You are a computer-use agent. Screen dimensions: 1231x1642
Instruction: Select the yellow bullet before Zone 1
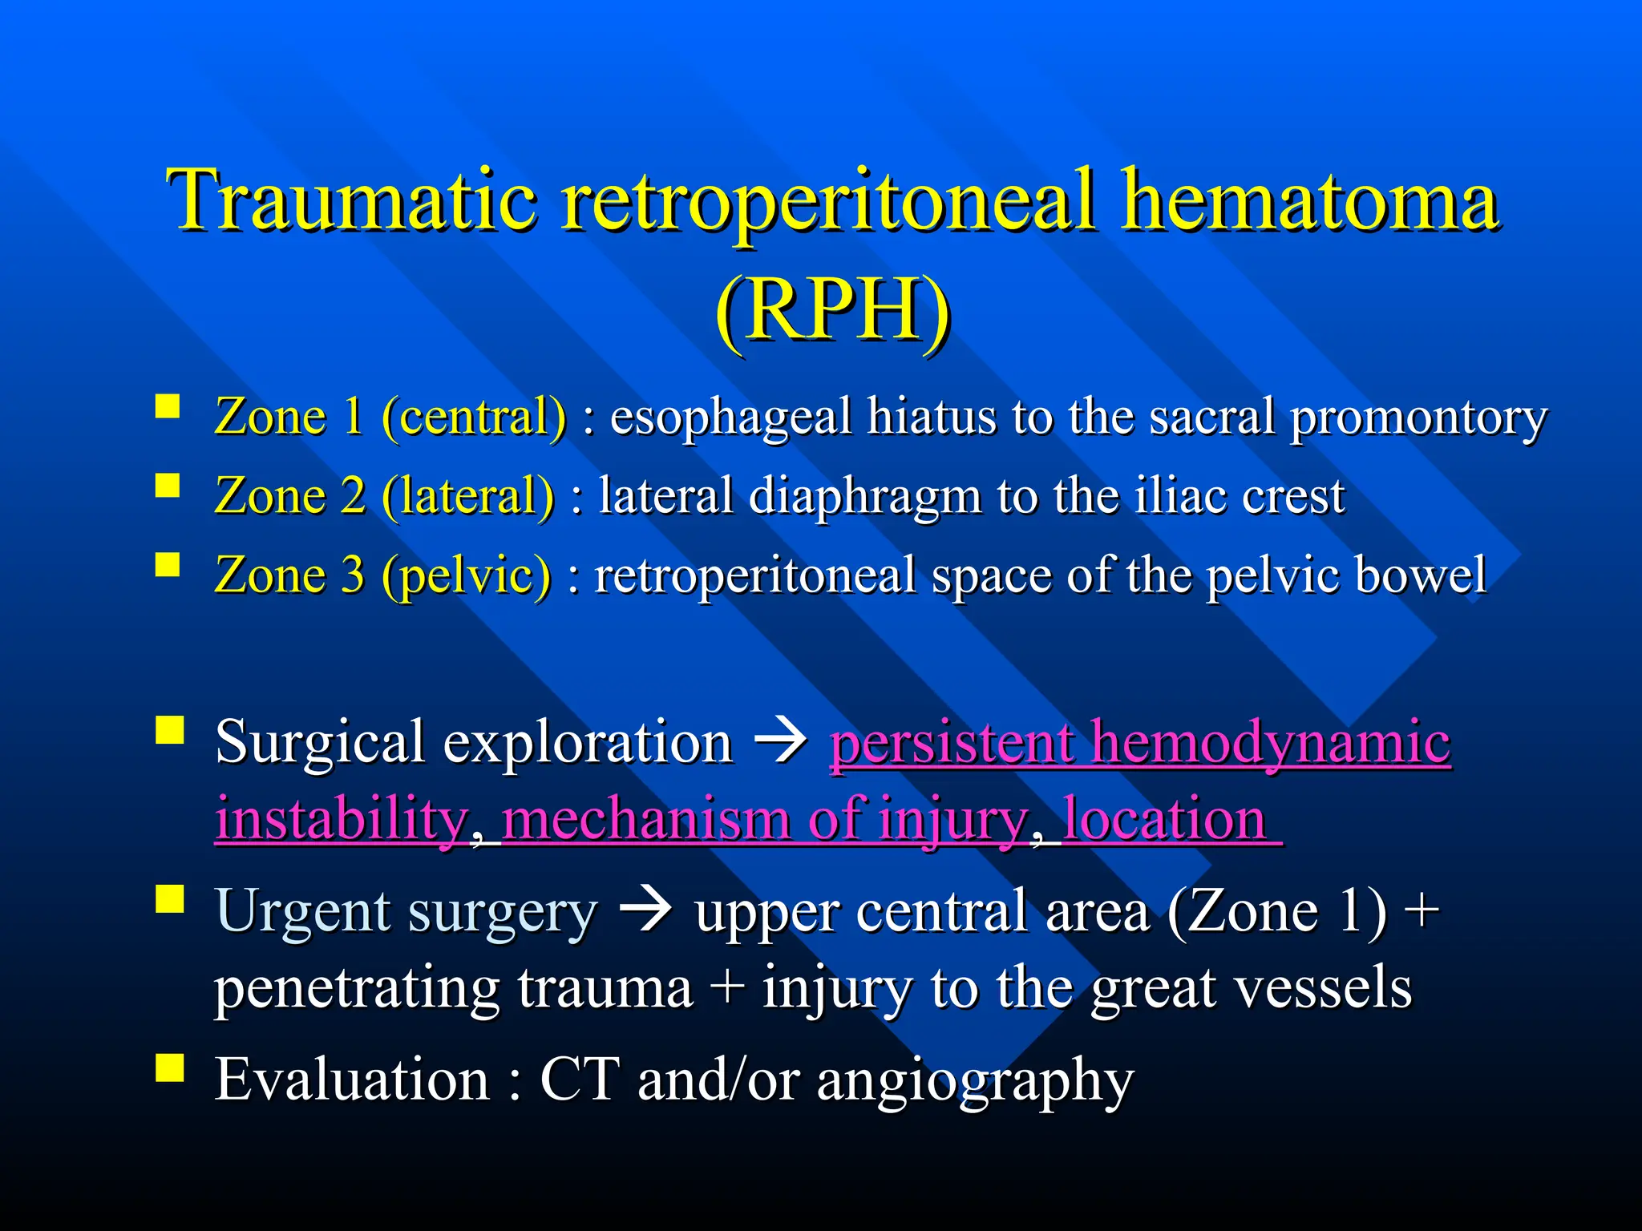click(168, 406)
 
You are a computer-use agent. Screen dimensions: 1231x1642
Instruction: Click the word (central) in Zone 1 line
click(474, 417)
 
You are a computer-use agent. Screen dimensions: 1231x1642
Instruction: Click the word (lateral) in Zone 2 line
click(467, 496)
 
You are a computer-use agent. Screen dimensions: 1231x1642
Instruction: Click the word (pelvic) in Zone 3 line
click(467, 575)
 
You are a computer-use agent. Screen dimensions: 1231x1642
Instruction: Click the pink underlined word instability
click(342, 820)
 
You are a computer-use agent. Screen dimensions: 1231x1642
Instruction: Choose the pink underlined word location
click(1164, 820)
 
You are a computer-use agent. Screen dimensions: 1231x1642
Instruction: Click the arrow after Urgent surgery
click(646, 912)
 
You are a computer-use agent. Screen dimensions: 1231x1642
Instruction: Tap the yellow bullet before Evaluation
click(169, 1068)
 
